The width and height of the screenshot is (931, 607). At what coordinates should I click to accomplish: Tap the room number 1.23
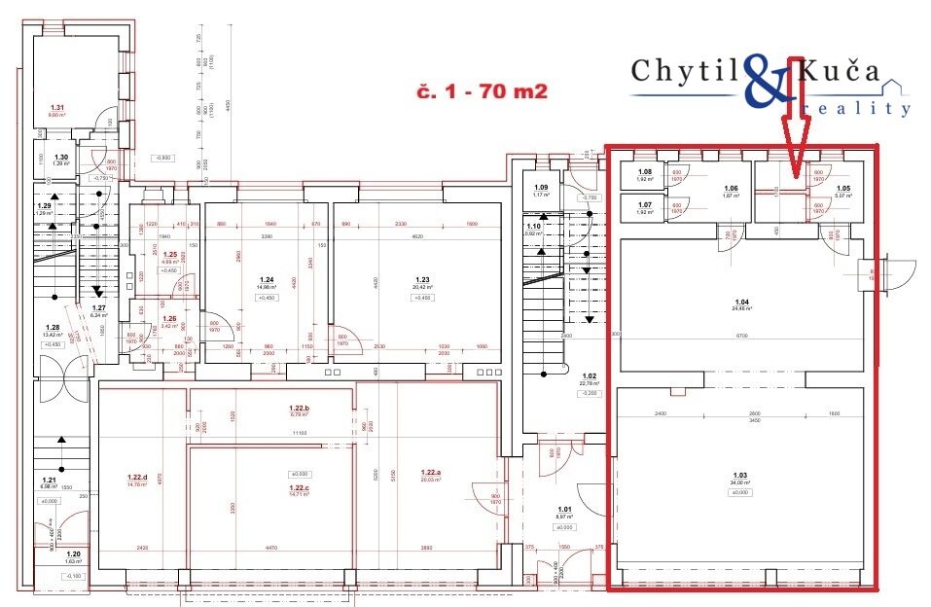(x=421, y=278)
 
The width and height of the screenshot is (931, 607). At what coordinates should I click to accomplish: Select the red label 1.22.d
(x=137, y=477)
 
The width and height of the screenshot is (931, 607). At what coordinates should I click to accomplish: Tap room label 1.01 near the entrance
(x=565, y=508)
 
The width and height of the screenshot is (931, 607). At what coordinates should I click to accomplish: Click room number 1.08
(x=644, y=171)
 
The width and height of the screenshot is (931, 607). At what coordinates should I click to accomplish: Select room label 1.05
(x=843, y=188)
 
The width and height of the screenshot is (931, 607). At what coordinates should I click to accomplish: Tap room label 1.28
(x=54, y=328)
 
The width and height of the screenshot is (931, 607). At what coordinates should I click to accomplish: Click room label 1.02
(x=588, y=375)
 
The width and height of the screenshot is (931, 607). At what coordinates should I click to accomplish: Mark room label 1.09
(x=541, y=188)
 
